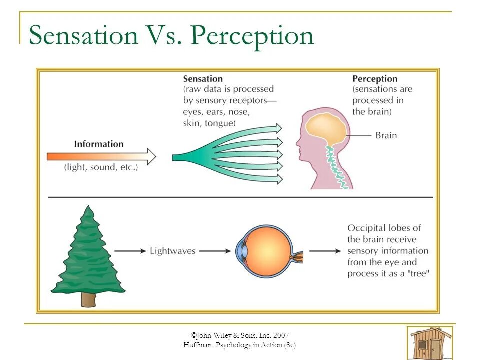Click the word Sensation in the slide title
(83, 36)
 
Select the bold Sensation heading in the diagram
(203, 79)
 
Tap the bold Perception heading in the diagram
(375, 79)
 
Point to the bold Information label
(99, 144)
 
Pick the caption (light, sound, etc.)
(101, 168)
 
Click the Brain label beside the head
(386, 135)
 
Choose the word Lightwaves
(172, 251)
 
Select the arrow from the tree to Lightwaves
(130, 251)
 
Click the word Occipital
(367, 228)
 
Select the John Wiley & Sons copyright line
(240, 335)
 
